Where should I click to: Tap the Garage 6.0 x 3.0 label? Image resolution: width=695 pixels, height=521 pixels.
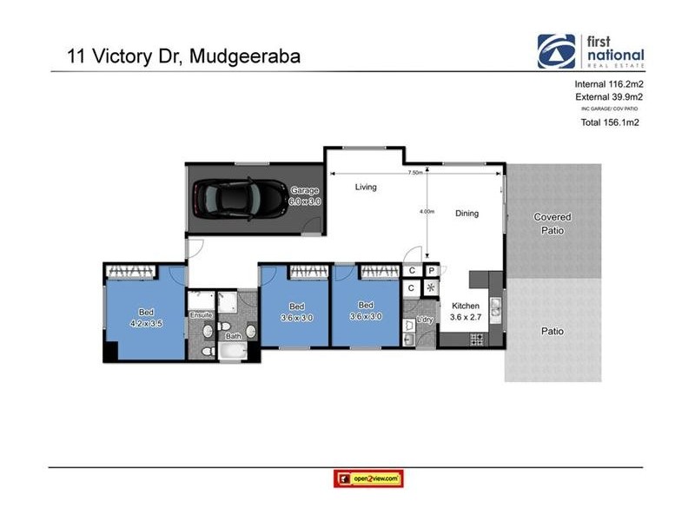coord(306,195)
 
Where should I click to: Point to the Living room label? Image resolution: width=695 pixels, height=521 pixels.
coord(366,187)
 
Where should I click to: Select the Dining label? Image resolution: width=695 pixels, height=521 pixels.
coord(467,213)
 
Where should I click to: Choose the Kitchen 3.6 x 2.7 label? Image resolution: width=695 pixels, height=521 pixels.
coord(466,311)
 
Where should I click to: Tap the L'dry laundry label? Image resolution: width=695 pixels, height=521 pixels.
coord(425,320)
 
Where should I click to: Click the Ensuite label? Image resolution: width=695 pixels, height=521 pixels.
coord(202,314)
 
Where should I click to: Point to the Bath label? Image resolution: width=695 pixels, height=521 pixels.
coord(233,336)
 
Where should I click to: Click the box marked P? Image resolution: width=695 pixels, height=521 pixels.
coord(430,271)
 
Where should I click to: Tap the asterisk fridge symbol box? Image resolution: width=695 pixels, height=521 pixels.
coord(430,288)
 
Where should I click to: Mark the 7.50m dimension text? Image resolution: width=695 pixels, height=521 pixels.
coord(414,173)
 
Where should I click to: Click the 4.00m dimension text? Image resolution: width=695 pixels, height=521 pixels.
coord(426,211)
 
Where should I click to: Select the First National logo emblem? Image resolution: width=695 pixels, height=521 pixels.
coord(555,51)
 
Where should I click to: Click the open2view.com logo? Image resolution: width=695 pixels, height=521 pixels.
coord(368,478)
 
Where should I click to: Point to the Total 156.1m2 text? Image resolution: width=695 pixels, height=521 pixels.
coord(609,123)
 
